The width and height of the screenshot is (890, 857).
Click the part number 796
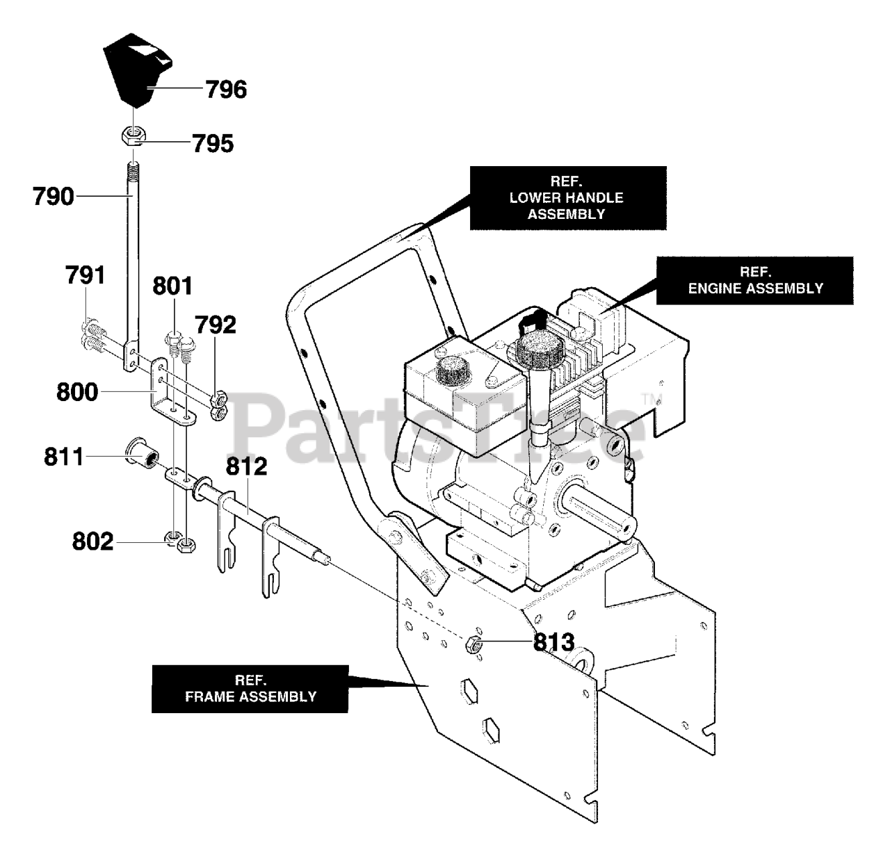(226, 89)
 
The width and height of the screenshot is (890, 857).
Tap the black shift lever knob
(137, 70)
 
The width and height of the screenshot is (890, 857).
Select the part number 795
(213, 143)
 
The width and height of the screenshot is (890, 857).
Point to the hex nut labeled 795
(133, 136)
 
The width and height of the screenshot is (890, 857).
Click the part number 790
(53, 197)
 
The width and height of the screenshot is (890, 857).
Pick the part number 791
(85, 275)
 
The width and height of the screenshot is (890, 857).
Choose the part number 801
(172, 286)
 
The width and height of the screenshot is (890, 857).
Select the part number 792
(216, 325)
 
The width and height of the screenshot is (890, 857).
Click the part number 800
(77, 392)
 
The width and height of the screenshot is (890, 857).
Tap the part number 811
(64, 457)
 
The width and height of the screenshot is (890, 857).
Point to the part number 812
(246, 466)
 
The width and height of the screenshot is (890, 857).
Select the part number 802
(92, 541)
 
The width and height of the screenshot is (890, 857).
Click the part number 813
(554, 642)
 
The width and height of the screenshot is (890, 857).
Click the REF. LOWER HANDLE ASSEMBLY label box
(568, 198)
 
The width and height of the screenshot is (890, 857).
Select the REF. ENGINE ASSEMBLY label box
(754, 281)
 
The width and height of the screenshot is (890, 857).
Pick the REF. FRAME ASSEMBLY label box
(250, 689)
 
